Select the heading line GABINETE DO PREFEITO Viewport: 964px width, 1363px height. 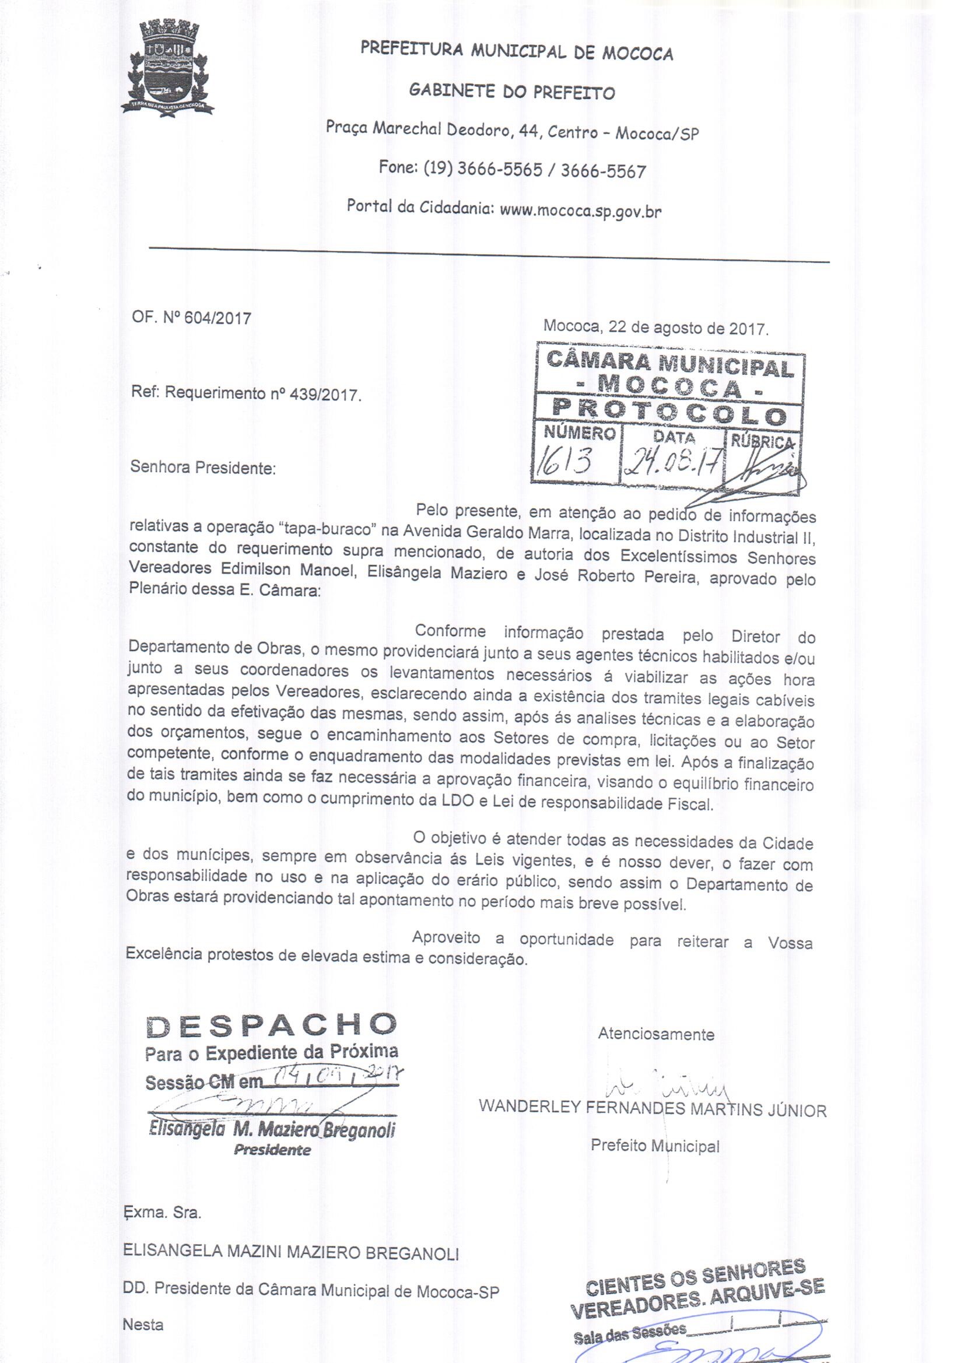click(x=512, y=92)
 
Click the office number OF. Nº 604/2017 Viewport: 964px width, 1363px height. click(x=191, y=318)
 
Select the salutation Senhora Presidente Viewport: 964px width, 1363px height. click(x=203, y=468)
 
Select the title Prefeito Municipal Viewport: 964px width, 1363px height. click(x=654, y=1146)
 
